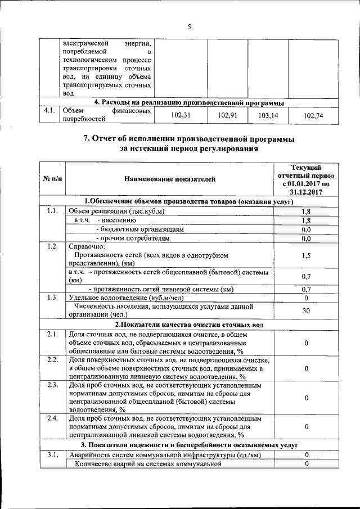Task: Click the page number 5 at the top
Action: point(190,27)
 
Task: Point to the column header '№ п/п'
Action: point(52,179)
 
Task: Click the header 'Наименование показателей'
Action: point(169,179)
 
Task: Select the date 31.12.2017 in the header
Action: point(307,191)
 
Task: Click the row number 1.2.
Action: point(53,246)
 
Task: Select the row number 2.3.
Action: point(53,385)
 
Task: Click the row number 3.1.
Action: point(53,454)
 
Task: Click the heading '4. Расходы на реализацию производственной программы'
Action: point(188,103)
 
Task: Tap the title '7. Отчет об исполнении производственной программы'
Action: point(188,139)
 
